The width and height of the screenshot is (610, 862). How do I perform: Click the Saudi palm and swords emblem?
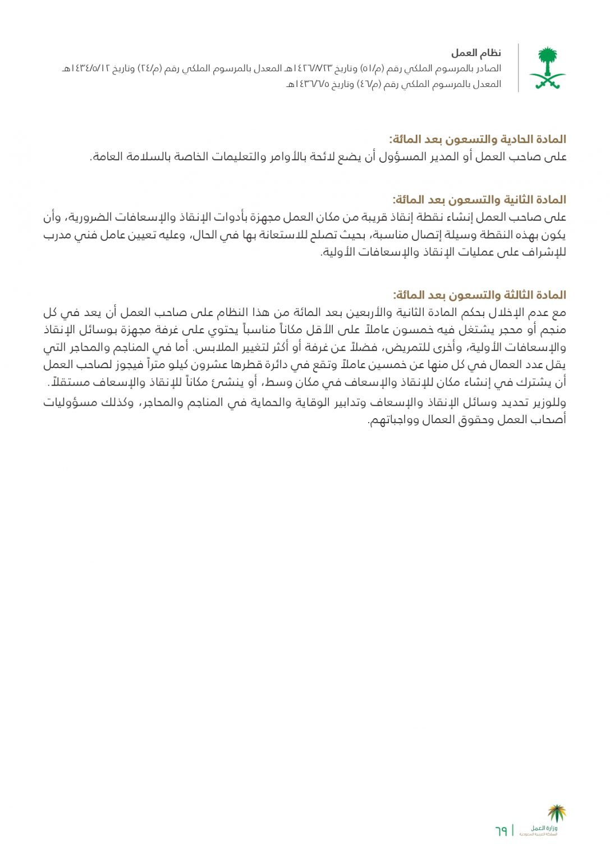547,68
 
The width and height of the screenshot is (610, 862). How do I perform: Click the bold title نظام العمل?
476,53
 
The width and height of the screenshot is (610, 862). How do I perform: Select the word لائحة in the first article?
323,157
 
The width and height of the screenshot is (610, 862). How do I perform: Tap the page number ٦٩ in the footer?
501,830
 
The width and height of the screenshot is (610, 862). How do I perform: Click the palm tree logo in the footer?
556,813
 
